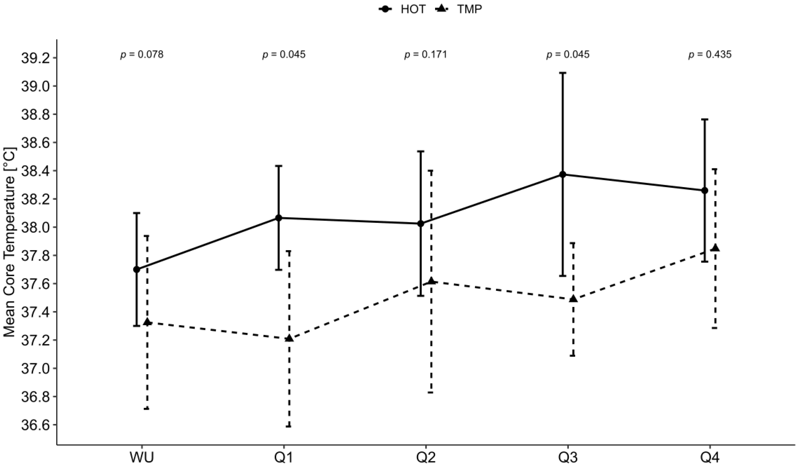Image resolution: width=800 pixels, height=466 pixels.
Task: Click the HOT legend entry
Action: click(x=402, y=10)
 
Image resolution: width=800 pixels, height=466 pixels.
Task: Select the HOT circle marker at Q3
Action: click(x=563, y=174)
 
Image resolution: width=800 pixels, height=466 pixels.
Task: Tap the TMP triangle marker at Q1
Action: click(x=289, y=339)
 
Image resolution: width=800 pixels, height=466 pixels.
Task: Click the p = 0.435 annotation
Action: click(x=710, y=55)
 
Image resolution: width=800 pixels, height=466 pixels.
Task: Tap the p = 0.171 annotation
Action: click(x=425, y=55)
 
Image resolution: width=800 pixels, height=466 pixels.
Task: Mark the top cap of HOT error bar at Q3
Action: click(x=563, y=73)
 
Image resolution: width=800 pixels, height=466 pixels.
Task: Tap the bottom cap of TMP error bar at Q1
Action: click(x=289, y=426)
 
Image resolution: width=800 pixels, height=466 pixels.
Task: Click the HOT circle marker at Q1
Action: click(x=279, y=218)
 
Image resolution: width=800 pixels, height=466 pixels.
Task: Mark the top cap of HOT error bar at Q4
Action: click(x=705, y=119)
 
